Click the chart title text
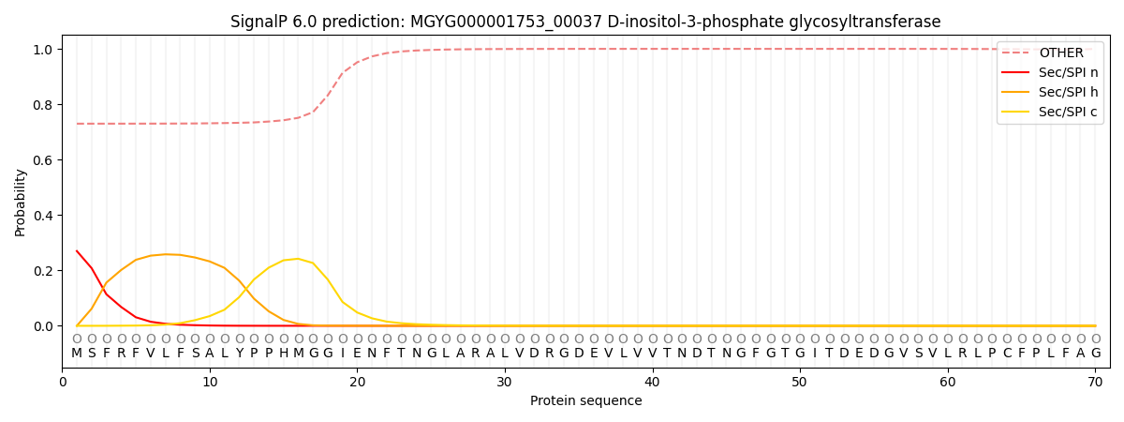coord(585,22)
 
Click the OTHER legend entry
coord(1060,53)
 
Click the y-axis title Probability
coord(21,202)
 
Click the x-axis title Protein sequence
coord(585,401)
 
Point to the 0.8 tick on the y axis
coord(44,104)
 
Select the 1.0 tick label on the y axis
coord(44,49)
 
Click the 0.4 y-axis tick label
coord(44,216)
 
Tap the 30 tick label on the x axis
coord(505,382)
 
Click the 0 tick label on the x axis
coord(63,382)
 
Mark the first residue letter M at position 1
coord(77,354)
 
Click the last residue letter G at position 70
coord(1096,354)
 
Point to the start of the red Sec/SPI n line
coord(77,251)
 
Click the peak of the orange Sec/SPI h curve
coord(166,254)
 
